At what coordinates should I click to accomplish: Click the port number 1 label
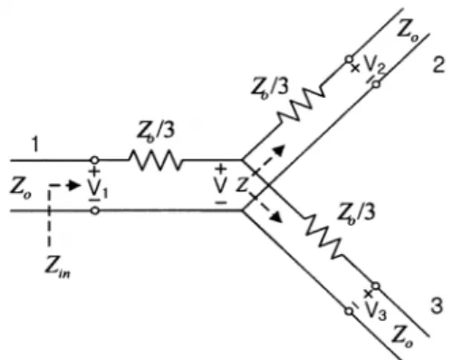click(35, 145)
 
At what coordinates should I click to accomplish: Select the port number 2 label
click(439, 64)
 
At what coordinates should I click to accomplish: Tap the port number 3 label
click(437, 306)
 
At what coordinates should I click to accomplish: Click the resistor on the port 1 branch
click(156, 160)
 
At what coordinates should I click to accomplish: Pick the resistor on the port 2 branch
click(301, 104)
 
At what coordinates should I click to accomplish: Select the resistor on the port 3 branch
click(324, 236)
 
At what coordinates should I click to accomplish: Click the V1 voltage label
click(98, 190)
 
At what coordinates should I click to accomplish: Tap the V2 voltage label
click(374, 65)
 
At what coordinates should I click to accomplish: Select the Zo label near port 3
click(402, 336)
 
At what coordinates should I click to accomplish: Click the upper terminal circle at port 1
click(94, 160)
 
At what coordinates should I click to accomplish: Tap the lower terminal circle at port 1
click(95, 210)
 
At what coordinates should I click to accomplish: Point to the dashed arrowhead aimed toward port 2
click(280, 150)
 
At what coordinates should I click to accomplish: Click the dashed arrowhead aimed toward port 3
click(278, 217)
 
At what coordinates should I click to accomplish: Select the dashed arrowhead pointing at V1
click(74, 185)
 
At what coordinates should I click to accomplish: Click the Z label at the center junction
click(242, 185)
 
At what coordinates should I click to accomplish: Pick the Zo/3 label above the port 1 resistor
click(156, 131)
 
